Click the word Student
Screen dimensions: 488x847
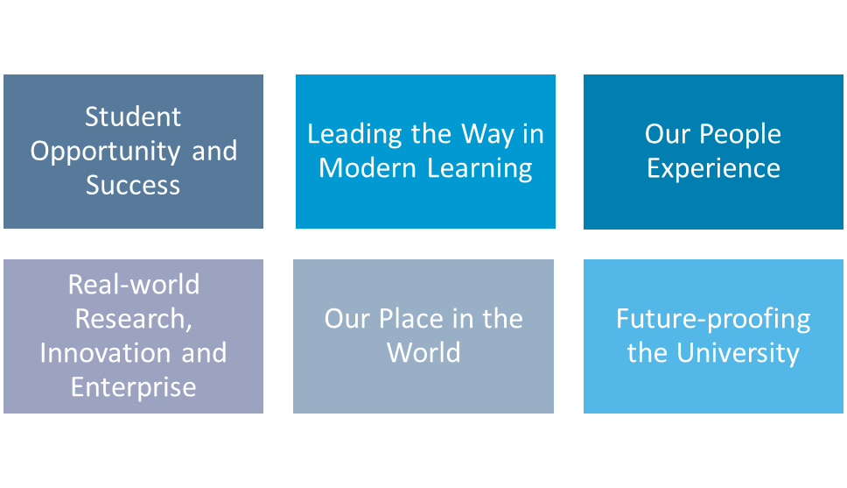coord(133,117)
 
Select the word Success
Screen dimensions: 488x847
coord(133,185)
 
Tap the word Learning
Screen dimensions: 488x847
coord(479,168)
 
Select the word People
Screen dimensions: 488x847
coord(739,134)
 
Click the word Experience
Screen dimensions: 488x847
coord(713,168)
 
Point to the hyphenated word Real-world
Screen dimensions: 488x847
coord(133,284)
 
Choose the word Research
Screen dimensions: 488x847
coord(133,318)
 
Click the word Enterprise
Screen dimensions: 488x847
coord(133,386)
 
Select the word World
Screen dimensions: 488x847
coord(423,352)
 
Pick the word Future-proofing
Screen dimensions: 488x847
coord(713,318)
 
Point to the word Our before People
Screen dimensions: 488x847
coord(668,134)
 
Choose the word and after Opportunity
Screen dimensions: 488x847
coord(214,151)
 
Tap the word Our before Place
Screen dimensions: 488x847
coord(347,318)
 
